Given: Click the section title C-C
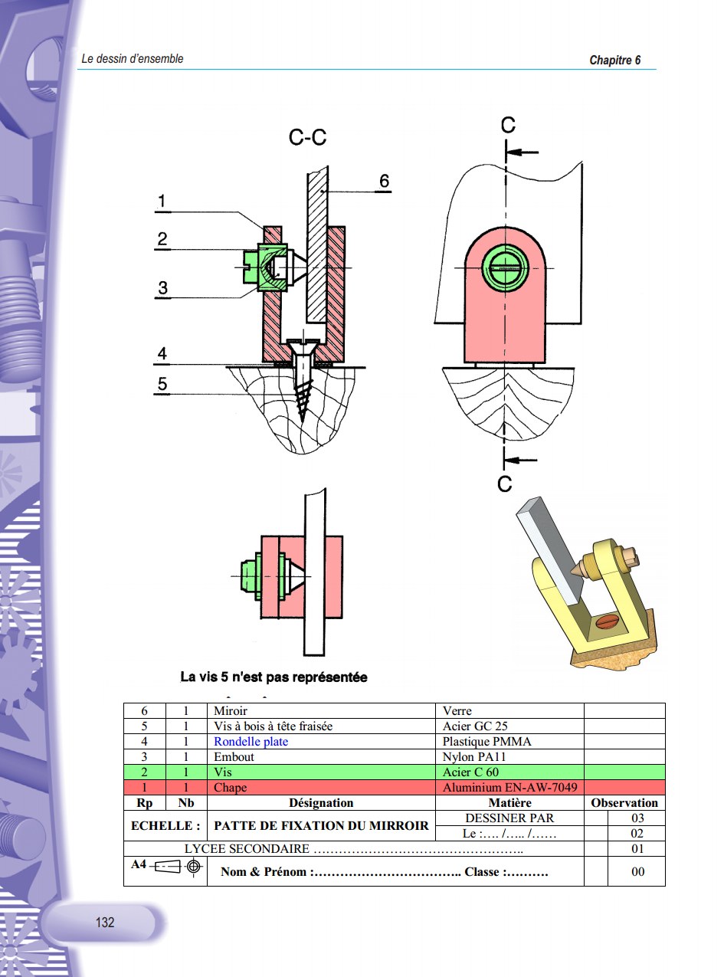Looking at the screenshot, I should pyautogui.click(x=307, y=137).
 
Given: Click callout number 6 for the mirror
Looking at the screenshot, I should pyautogui.click(x=384, y=181).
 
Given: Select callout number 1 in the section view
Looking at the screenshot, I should pyautogui.click(x=161, y=202).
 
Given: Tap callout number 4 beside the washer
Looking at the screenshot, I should pyautogui.click(x=162, y=354).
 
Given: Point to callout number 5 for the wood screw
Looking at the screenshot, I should pyautogui.click(x=162, y=385).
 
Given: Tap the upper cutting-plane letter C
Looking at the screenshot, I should pyautogui.click(x=507, y=126).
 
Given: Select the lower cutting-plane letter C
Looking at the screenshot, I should pyautogui.click(x=504, y=484).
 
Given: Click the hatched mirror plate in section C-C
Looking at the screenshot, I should pyautogui.click(x=319, y=245).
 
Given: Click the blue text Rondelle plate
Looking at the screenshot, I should pyautogui.click(x=251, y=742).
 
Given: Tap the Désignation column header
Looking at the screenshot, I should pyautogui.click(x=320, y=803).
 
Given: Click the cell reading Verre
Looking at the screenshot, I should pyautogui.click(x=457, y=711).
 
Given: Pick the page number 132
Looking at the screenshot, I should pyautogui.click(x=105, y=923).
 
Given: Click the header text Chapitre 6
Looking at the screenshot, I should pyautogui.click(x=614, y=61).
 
